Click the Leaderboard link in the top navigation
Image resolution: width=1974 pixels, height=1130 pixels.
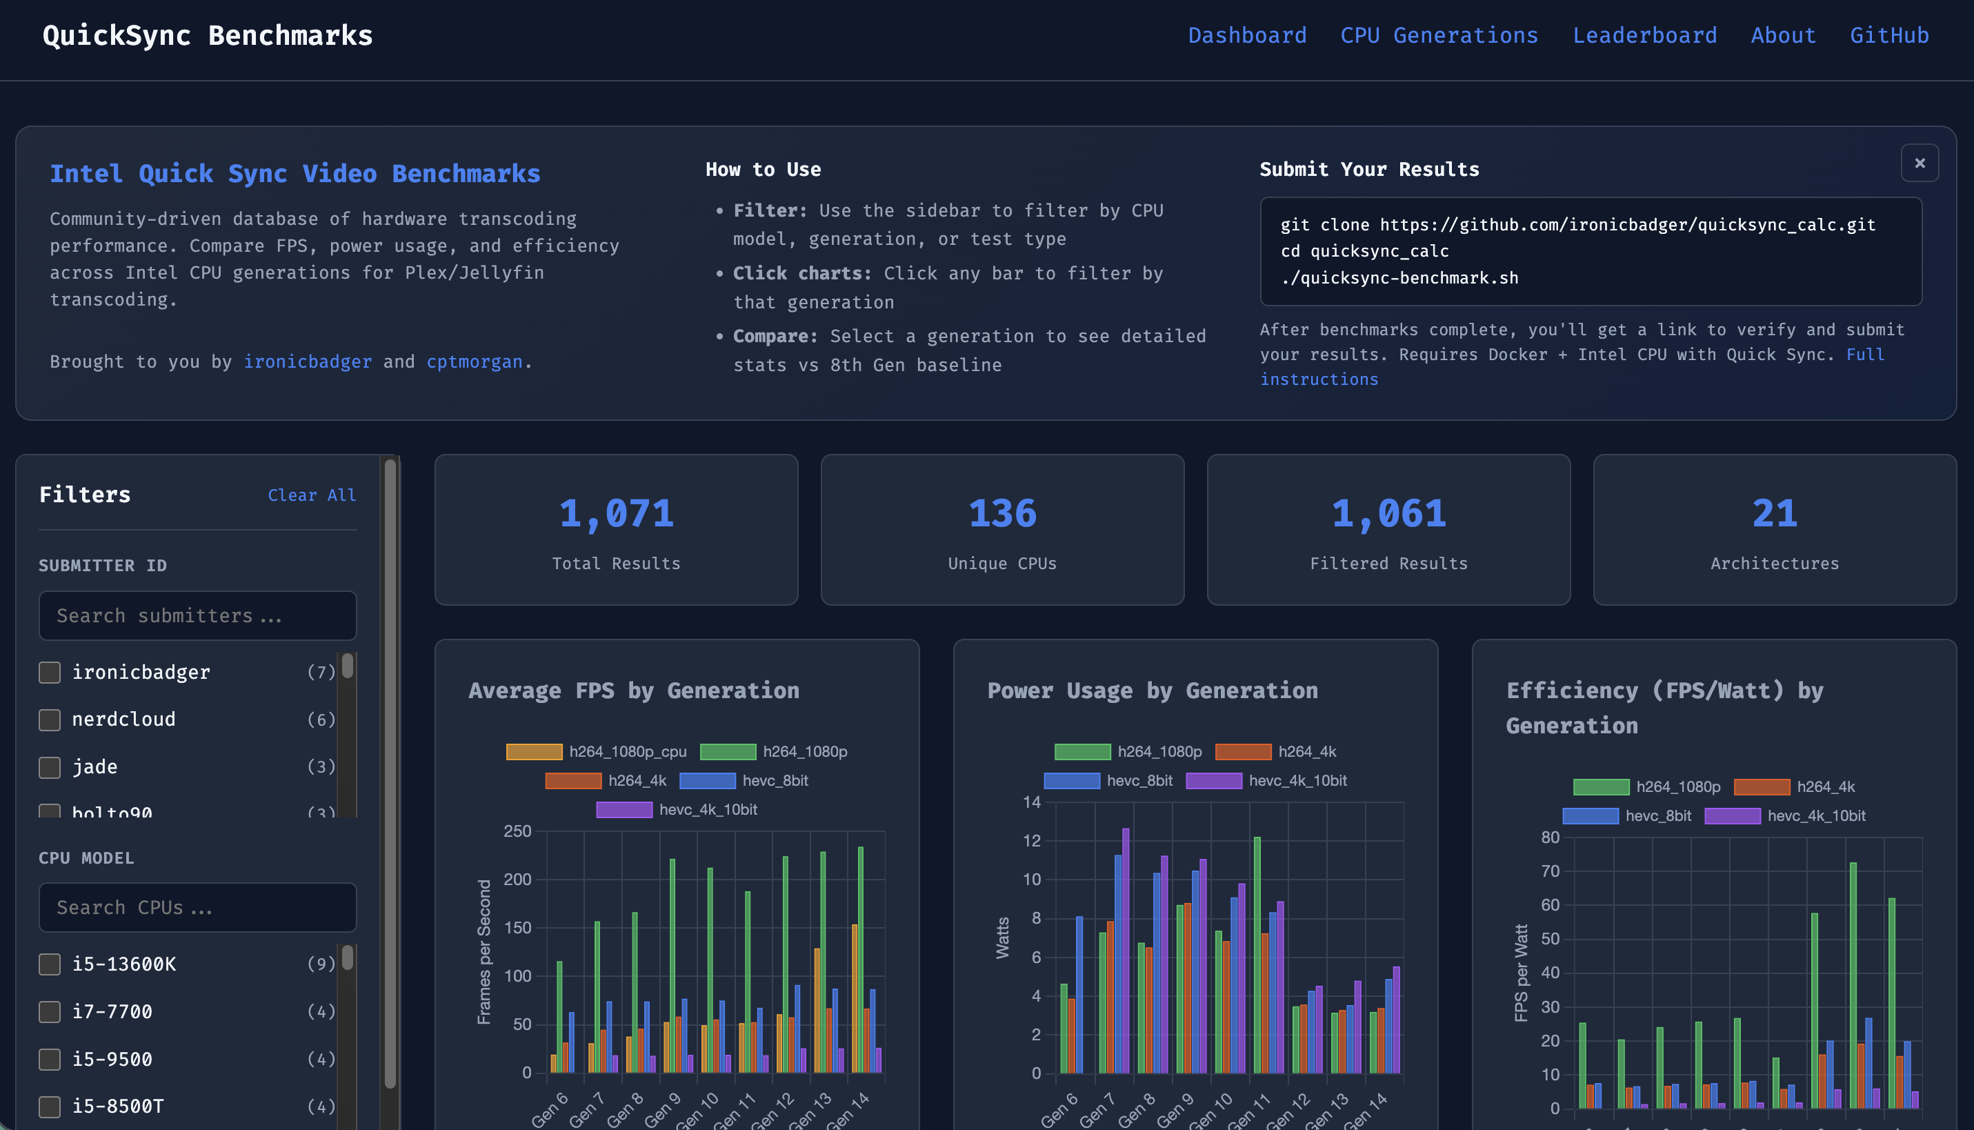tap(1644, 36)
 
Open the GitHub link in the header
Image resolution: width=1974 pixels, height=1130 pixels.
tap(1888, 36)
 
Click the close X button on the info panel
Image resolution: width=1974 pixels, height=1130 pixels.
tap(1919, 163)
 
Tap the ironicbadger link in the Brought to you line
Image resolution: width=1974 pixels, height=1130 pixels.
tap(308, 361)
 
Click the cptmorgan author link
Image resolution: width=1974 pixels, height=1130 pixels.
tap(474, 361)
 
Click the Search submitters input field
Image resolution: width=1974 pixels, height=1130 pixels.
tap(197, 615)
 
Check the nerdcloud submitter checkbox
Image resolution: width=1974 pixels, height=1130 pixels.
tap(50, 720)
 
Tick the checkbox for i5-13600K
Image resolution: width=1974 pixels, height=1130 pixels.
tap(50, 964)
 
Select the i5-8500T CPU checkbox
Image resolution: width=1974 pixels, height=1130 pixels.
tap(50, 1106)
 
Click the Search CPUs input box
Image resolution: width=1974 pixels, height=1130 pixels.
tap(197, 907)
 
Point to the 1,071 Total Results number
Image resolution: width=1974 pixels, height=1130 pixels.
tap(616, 514)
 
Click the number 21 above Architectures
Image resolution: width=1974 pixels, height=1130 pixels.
tap(1774, 514)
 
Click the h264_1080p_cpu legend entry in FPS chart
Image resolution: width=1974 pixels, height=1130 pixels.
tap(596, 751)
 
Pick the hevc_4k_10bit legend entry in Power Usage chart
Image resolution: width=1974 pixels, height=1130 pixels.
tap(1266, 780)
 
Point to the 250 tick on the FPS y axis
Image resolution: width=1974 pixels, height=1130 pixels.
tap(517, 831)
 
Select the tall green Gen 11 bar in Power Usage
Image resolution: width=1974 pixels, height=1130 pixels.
tap(1257, 955)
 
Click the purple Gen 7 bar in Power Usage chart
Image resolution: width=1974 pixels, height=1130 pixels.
tap(1126, 951)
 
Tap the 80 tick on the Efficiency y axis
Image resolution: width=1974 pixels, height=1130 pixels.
tap(1550, 837)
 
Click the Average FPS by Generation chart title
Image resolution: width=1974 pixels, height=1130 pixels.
tap(633, 690)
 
